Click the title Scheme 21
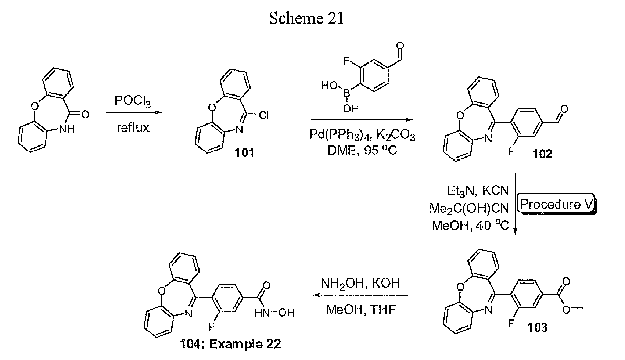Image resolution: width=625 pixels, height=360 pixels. click(x=306, y=18)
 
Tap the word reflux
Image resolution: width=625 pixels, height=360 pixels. click(x=133, y=128)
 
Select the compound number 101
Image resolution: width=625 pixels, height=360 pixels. click(x=244, y=152)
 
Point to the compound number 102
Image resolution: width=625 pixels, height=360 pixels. click(x=542, y=154)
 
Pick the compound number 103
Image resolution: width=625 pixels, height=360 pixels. click(x=537, y=327)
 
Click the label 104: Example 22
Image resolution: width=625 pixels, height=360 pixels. click(x=230, y=344)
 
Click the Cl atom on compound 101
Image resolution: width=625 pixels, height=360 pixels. click(x=264, y=115)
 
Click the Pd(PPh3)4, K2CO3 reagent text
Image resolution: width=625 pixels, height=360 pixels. click(x=362, y=135)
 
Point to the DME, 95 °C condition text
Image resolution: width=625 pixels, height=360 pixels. click(x=362, y=150)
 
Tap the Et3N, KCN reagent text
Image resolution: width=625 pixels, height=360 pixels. click(x=478, y=191)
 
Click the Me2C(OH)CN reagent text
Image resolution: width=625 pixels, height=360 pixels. click(x=469, y=208)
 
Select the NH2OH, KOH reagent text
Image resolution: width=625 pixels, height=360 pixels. click(x=360, y=283)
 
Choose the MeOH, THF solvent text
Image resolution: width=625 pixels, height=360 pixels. click(x=361, y=310)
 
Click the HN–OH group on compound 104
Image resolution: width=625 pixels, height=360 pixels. click(x=274, y=313)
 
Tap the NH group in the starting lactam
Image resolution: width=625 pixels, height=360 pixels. click(x=67, y=129)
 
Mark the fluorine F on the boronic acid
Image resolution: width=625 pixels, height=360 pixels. click(x=347, y=61)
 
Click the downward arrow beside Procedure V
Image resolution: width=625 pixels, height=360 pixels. click(x=515, y=204)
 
